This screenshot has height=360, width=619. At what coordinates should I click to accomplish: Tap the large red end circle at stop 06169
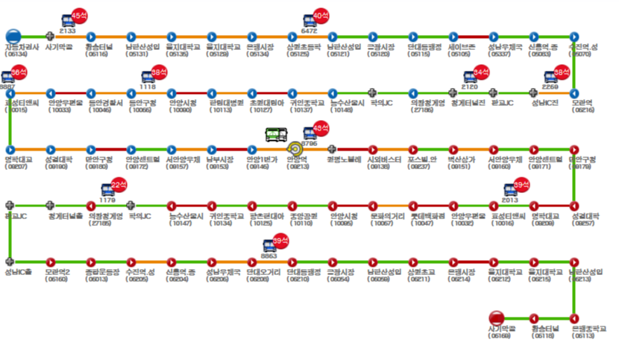497,318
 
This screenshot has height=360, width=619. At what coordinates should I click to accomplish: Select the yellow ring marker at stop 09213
295,149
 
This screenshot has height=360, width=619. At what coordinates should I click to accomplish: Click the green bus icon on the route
275,134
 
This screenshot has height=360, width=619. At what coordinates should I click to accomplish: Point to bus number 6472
309,31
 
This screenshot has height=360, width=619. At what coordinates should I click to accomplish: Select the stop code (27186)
422,110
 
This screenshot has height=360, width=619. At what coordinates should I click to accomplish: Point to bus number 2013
509,200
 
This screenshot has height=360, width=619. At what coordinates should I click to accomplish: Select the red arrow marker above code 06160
50,262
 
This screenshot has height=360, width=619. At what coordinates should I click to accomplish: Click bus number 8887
7,86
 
